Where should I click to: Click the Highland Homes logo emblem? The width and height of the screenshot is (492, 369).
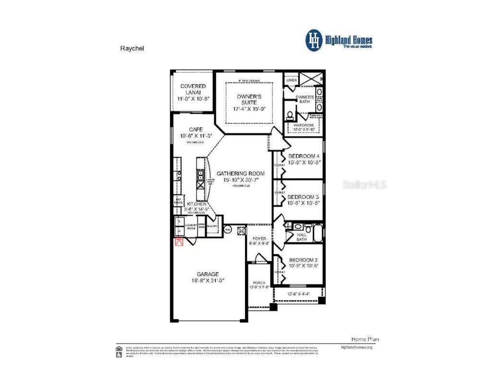313,40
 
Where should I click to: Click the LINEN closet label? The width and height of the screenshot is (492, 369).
292,80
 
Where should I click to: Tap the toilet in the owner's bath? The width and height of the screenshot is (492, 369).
290,115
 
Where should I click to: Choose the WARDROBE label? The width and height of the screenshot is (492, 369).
300,124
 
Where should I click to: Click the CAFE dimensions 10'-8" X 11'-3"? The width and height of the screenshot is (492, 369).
195,136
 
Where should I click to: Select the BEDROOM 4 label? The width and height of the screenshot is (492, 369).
304,156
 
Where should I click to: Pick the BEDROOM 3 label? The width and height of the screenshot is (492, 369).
303,197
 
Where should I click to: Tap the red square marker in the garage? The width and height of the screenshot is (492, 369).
179,242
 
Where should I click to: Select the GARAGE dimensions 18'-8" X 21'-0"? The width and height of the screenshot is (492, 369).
208,281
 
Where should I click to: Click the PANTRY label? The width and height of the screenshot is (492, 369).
213,226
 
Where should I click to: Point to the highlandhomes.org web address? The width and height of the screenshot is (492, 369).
356,347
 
